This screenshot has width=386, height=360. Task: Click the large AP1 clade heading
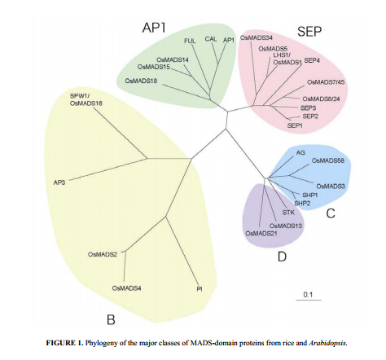pos(154,28)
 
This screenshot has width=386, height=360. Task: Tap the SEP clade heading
pos(309,32)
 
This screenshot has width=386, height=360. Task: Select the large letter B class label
pos(111,319)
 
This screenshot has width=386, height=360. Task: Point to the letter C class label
pos(331,213)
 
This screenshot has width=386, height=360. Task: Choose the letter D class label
pos(282,257)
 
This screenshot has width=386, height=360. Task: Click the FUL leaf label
pos(190,41)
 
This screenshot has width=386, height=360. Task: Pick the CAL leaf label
pos(211,39)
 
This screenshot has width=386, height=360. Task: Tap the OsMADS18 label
pos(141,81)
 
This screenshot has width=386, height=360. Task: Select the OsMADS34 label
pos(257,37)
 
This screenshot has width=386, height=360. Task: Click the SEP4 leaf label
pos(312,60)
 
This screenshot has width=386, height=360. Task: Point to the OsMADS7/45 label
pos(326,81)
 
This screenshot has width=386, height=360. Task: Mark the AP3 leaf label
pos(59,182)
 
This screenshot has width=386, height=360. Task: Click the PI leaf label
pos(200,289)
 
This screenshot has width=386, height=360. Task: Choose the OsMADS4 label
pos(126,288)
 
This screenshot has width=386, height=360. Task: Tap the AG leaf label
pos(300,152)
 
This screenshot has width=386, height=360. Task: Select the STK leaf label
pos(288,213)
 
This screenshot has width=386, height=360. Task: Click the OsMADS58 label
pos(328,160)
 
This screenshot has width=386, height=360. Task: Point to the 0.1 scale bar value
pos(308,295)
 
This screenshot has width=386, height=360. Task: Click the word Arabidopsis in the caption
pos(328,343)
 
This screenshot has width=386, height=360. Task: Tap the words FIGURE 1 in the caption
pos(64,343)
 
